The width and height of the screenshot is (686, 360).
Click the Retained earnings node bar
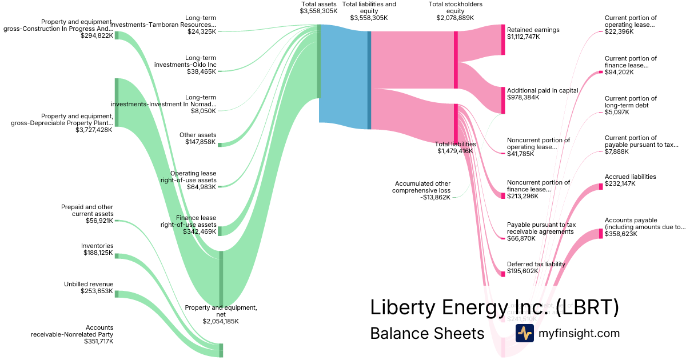coord(503,39)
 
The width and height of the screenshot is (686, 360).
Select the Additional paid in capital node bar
coord(503,100)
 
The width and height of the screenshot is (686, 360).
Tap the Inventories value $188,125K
coord(97,253)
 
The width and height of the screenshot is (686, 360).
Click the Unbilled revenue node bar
coord(117,294)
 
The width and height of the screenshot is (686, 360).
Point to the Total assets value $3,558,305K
coord(319,11)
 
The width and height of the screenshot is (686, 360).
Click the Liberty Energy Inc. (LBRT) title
coord(494,307)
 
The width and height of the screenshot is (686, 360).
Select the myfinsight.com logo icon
coord(524,333)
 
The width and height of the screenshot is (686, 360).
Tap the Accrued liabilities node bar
coord(601,186)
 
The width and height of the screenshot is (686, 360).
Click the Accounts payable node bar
coord(601,233)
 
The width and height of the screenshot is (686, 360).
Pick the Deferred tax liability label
coord(536,264)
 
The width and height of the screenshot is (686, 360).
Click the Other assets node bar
coord(220,145)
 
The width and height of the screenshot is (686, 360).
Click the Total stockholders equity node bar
coord(456,60)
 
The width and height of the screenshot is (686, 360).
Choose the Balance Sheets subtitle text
coord(427,333)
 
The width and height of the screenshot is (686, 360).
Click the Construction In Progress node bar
coord(117,35)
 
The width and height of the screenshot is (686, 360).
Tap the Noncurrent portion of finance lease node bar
coord(503,196)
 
